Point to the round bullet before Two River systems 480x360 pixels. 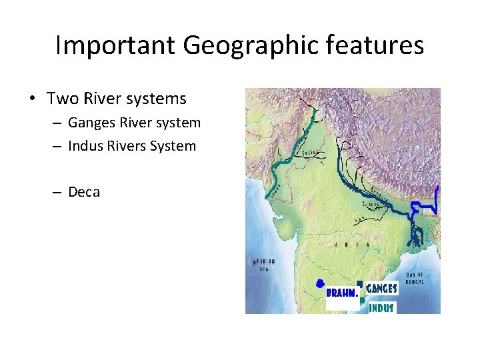pos(33,99)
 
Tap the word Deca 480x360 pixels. pos(84,192)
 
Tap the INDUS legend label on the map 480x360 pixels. pos(381,308)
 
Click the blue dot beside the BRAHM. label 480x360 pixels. pos(320,283)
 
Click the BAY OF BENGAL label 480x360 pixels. pos(417,278)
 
